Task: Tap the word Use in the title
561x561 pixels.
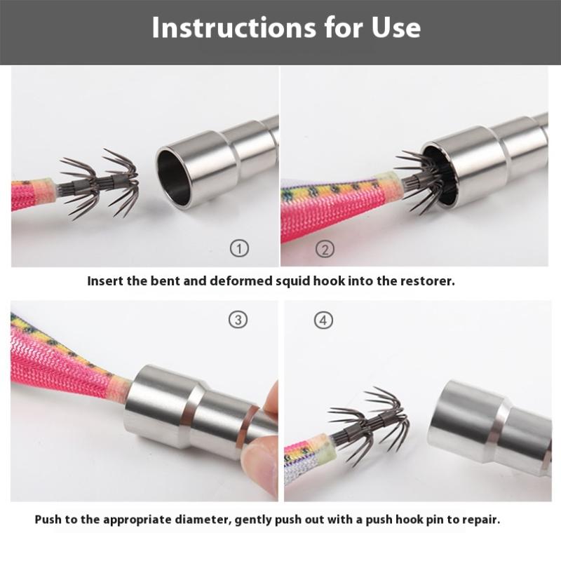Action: (396, 27)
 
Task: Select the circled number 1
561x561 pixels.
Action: (239, 248)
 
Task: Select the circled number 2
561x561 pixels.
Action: (325, 249)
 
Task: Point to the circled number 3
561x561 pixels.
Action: (238, 320)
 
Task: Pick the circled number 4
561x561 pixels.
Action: (323, 320)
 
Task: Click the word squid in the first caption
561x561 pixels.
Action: (292, 281)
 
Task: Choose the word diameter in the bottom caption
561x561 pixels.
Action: (201, 520)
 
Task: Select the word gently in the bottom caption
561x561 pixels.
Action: (253, 520)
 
